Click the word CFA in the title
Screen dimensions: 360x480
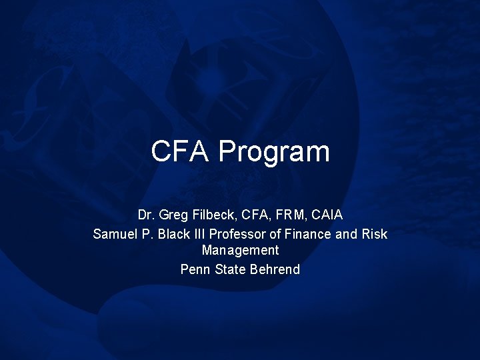pos(181,151)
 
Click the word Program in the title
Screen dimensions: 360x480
pos(274,153)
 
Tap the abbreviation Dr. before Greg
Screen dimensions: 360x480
pos(145,215)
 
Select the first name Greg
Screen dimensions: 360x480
pos(171,216)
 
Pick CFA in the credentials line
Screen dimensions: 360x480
pos(251,215)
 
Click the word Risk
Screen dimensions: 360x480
pos(374,234)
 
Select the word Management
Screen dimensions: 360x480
pos(240,251)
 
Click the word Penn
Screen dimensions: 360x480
pos(195,269)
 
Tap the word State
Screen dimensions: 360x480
pos(231,269)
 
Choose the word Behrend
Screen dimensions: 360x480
pos(275,269)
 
